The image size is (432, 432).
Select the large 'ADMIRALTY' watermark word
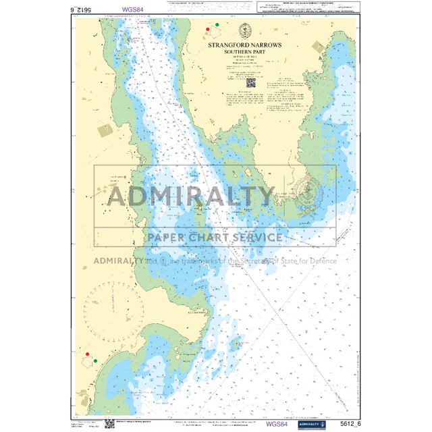coord(192,197)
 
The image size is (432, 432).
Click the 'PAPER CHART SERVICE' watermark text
coord(215,238)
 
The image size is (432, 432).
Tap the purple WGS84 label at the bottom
coord(278,424)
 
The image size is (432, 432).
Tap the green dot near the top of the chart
coord(217,26)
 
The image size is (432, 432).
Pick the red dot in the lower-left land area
coord(87,353)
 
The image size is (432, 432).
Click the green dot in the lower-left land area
coord(95,360)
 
